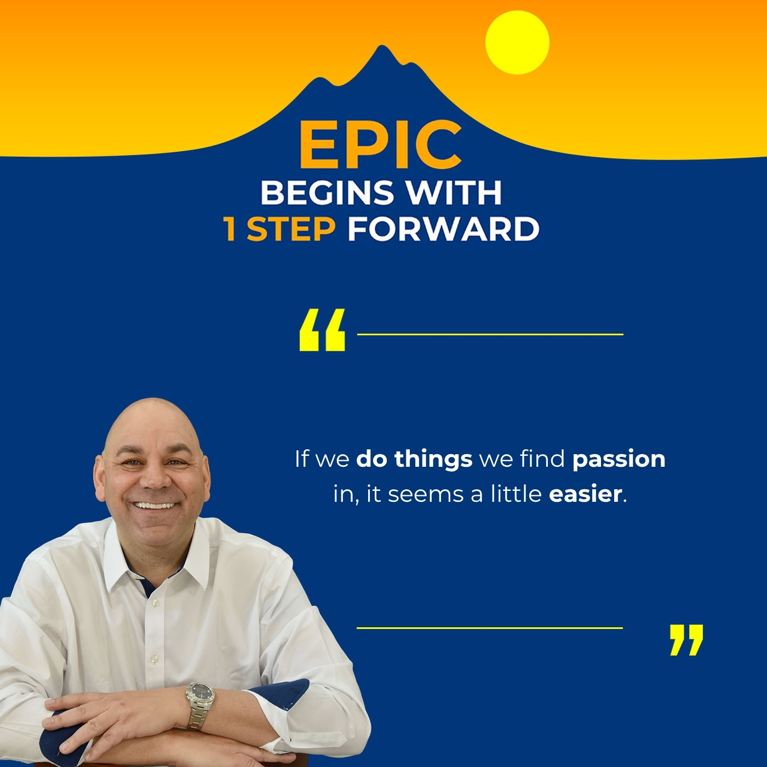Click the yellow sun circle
pos(517,42)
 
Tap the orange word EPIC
pos(380,145)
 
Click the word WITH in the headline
pos(453,192)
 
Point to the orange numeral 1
pos(230,229)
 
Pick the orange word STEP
pos(291,229)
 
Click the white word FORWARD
pos(443,229)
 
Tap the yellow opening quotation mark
pos(322,330)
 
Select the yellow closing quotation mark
pos(686,639)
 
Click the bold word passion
pos(619,459)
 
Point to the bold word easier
pos(585,494)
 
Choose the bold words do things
pos(414,459)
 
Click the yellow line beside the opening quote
pos(490,334)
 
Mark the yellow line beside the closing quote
pos(490,628)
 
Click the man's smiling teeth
pos(156,505)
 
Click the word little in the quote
pos(516,494)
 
